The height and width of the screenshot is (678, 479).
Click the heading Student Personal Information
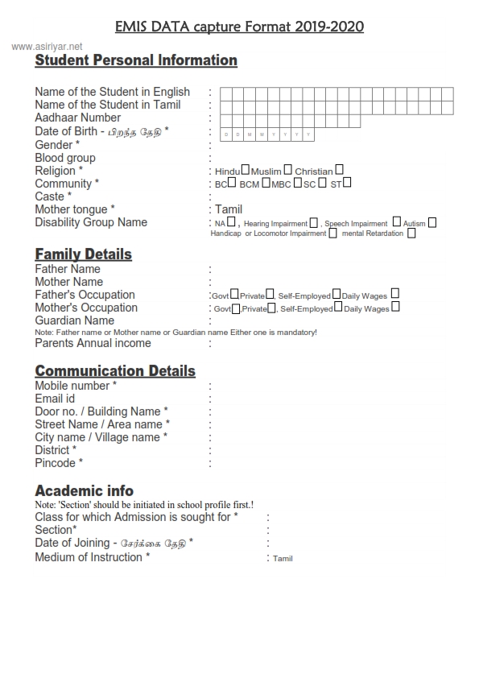coord(136,60)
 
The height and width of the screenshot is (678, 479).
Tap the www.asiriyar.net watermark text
coord(47,47)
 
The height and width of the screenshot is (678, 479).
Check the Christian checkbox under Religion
coord(339,170)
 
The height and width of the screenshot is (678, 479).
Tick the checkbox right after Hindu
coord(246,171)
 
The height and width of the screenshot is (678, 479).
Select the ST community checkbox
coord(347,183)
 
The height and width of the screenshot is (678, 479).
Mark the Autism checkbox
coord(432,222)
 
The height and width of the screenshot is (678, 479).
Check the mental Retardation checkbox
coord(411,234)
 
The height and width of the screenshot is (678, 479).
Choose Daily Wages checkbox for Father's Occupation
coord(394,295)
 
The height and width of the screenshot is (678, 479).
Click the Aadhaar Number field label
coord(77,118)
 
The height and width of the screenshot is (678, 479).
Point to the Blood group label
coord(65,158)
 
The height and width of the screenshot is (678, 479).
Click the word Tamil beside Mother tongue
coord(229,209)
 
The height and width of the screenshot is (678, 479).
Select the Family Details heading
coord(83,254)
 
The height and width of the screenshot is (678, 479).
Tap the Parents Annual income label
coord(93,343)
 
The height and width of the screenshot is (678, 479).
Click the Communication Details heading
coord(115,371)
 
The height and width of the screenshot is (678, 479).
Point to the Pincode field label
coord(59,463)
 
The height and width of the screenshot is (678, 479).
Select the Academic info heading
coord(84,490)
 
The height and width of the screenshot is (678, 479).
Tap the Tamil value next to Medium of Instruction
coord(283,558)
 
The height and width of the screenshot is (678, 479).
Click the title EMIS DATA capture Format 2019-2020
coord(239,27)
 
